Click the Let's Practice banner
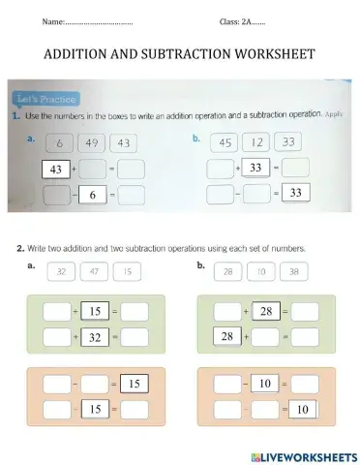coord(47,98)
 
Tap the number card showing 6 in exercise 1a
coord(59,143)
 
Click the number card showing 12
coord(256,142)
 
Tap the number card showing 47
coord(94,272)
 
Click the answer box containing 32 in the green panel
coord(95,337)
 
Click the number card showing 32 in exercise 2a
coord(61,272)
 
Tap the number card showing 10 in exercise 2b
coord(261,272)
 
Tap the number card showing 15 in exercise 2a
coord(127,272)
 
